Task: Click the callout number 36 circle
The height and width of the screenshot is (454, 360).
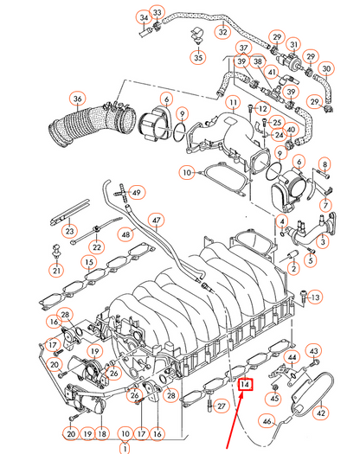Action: point(78,99)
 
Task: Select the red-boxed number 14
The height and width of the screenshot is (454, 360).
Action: point(245,385)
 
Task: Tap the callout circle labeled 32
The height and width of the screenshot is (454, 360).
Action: point(223,32)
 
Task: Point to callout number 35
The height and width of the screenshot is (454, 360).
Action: point(199,59)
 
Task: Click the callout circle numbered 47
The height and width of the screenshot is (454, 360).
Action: point(156,219)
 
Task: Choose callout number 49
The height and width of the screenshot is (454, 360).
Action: point(138,192)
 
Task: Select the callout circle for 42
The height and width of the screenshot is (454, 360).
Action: point(320,413)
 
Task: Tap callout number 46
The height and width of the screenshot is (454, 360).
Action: point(268,421)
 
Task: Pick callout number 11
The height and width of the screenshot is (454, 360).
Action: point(233,105)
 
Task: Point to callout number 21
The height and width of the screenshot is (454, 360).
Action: point(56,271)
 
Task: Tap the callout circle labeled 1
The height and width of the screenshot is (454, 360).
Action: point(126,449)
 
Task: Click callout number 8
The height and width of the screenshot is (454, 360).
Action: point(325,164)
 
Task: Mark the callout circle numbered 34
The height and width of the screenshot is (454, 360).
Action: point(144,18)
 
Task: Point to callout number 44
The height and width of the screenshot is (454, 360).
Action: point(291,357)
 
